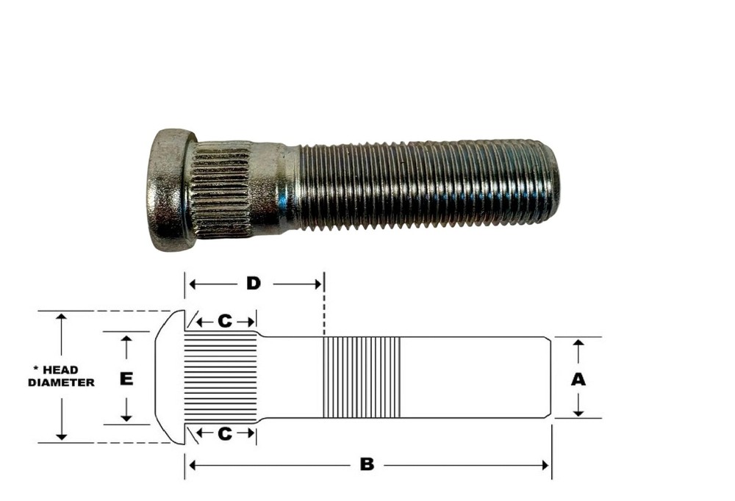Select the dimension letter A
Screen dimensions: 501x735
tap(578, 378)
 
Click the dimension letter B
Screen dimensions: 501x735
tap(366, 464)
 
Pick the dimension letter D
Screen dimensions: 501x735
tap(253, 283)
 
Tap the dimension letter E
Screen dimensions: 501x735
tap(126, 378)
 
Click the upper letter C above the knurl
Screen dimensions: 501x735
tap(225, 321)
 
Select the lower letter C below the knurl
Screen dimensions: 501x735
tap(225, 433)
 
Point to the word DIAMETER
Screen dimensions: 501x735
tap(61, 382)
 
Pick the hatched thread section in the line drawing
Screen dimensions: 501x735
tap(362, 377)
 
